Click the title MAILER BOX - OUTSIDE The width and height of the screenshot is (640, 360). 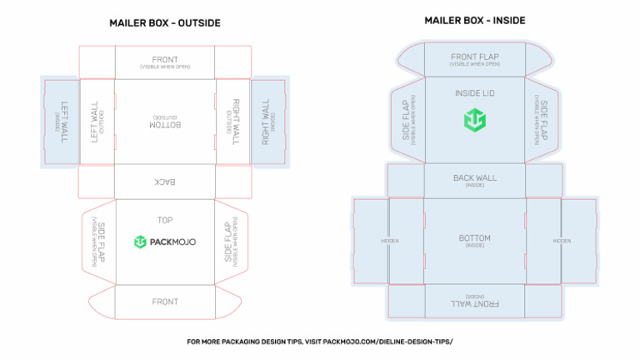[165, 23]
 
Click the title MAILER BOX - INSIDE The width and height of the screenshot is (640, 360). [475, 20]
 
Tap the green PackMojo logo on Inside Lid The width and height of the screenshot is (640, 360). [474, 120]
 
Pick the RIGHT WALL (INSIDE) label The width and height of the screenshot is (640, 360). [268, 123]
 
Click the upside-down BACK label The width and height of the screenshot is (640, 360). [165, 181]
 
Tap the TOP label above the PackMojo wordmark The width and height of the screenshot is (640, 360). [165, 221]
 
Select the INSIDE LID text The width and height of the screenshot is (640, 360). [474, 92]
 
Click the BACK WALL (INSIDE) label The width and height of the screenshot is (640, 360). [474, 179]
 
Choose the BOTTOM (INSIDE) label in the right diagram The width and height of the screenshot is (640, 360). [474, 240]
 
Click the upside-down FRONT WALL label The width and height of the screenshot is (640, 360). [474, 302]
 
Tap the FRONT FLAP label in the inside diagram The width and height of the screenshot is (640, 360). [474, 58]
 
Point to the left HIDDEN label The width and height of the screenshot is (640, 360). [389, 241]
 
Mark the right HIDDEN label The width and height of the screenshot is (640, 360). [561, 241]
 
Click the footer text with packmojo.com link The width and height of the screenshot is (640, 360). [320, 342]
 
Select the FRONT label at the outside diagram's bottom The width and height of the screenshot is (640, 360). [165, 302]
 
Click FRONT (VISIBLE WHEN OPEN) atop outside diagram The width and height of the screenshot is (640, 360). [165, 62]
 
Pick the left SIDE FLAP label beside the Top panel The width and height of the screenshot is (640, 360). [98, 242]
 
